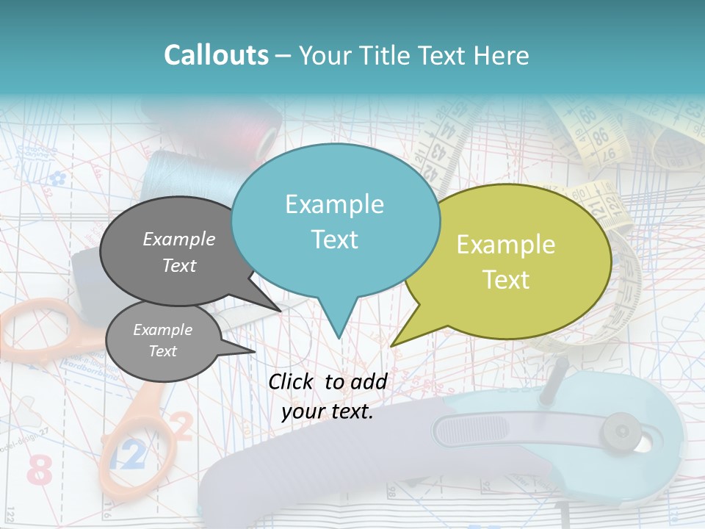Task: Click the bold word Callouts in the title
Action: click(x=216, y=55)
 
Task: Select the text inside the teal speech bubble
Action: click(x=335, y=221)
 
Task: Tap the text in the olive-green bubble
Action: click(x=506, y=262)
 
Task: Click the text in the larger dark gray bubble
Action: click(x=179, y=252)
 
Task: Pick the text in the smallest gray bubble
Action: click(x=162, y=340)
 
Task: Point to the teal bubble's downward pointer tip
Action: click(x=339, y=338)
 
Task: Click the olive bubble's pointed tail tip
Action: click(x=391, y=345)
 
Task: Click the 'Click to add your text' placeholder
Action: click(x=328, y=396)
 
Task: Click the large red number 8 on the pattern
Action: click(x=41, y=469)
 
